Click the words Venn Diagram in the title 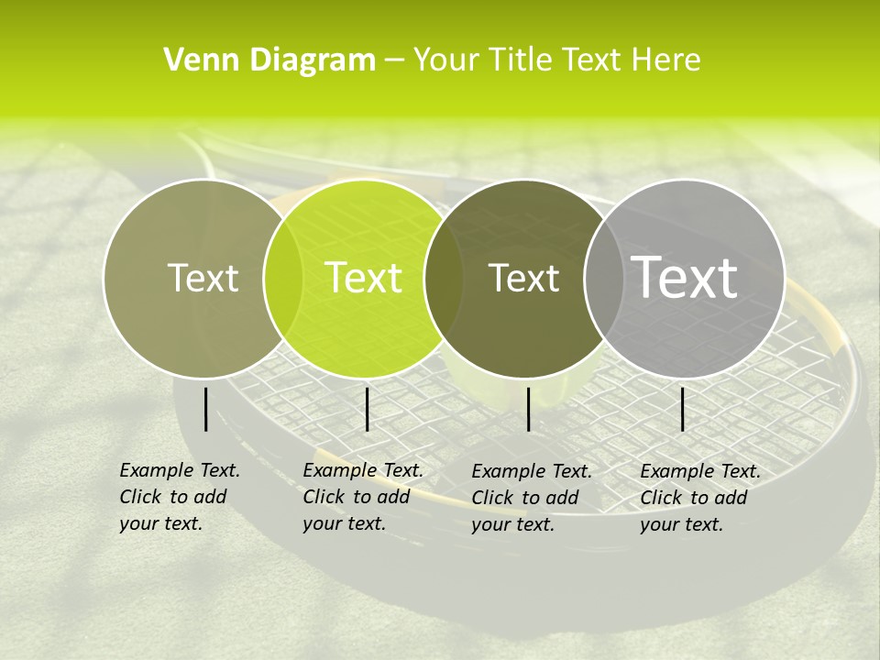pos(269,60)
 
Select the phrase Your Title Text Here pos(556,60)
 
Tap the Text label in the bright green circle pos(363,278)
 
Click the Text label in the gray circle pos(685,277)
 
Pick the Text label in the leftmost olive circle pos(203,278)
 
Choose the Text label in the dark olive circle pos(523,278)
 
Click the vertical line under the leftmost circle pos(206,409)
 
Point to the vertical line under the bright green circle pos(367,409)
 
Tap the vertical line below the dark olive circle pos(529,409)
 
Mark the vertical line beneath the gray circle pos(683,409)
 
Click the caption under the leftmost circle pos(180,497)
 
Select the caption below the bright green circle pos(363,497)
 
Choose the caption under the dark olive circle pos(532,498)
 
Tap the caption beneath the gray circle pos(700,498)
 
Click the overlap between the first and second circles pos(283,278)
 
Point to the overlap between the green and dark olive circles pos(444,278)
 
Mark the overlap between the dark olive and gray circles pos(604,278)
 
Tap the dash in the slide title pos(394,61)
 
